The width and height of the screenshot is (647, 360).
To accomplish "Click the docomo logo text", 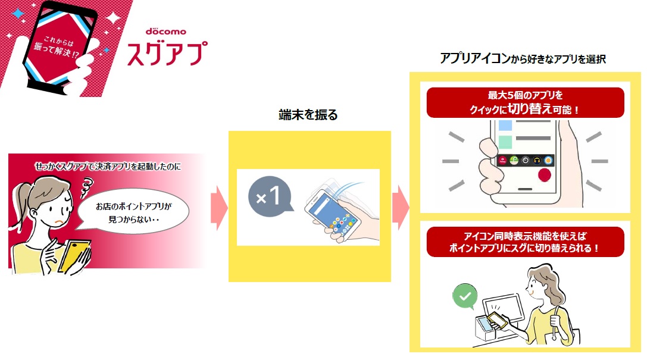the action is [x=166, y=32].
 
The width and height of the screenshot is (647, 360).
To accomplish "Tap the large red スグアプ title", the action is [x=167, y=54].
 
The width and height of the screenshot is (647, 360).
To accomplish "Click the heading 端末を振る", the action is [x=308, y=115].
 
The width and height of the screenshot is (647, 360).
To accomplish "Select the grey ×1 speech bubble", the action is [x=270, y=197].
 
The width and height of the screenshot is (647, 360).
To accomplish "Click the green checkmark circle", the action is [x=465, y=296].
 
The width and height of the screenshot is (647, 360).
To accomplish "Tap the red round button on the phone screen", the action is [x=544, y=175].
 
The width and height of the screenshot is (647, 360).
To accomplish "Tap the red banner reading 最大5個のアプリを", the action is [x=525, y=103].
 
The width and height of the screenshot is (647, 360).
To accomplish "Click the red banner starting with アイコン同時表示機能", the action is [x=525, y=242].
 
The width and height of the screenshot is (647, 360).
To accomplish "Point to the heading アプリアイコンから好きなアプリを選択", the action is [x=523, y=59].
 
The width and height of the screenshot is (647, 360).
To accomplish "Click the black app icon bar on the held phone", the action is [x=525, y=161].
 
